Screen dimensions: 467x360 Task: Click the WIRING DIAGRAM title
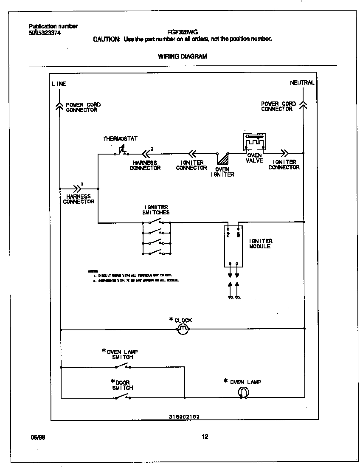click(x=183, y=56)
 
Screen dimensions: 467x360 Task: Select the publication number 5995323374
click(x=45, y=32)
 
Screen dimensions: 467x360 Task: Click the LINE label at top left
click(x=59, y=84)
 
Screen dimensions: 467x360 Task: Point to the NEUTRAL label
click(x=302, y=83)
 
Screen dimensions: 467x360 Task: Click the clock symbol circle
click(x=183, y=329)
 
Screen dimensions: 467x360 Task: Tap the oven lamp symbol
click(x=244, y=393)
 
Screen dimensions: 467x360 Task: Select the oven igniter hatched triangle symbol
click(x=222, y=159)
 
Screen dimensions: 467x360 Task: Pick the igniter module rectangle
click(x=233, y=246)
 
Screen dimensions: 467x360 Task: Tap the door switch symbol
click(x=123, y=397)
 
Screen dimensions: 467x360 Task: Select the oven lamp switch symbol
click(x=123, y=366)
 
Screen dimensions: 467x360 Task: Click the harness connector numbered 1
click(x=78, y=188)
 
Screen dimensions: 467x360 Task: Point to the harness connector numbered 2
click(x=146, y=154)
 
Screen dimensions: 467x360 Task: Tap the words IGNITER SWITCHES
click(x=157, y=210)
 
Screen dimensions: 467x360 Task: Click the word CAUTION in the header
click(x=106, y=39)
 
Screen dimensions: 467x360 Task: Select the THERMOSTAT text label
click(x=120, y=139)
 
